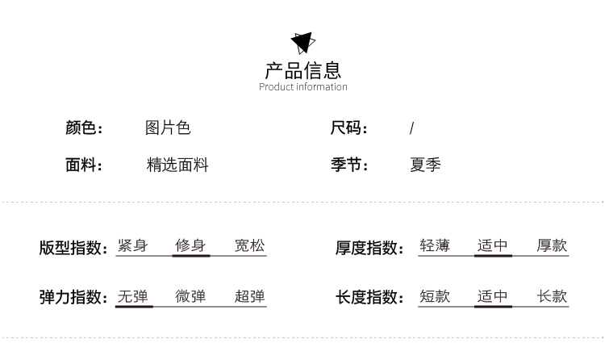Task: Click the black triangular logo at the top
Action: point(302,41)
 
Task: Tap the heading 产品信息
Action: point(302,69)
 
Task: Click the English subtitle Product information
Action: point(302,87)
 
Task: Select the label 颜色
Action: point(84,128)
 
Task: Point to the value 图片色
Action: point(168,128)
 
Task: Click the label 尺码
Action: point(348,128)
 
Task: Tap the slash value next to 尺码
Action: point(411,128)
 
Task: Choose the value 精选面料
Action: point(177,165)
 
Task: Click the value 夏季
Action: point(425,165)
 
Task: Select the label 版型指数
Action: point(73,248)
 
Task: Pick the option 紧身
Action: point(132,245)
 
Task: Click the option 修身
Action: point(190,245)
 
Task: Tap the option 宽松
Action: point(249,245)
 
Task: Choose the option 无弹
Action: point(132,296)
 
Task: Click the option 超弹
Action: point(249,296)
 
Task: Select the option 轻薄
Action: point(435,245)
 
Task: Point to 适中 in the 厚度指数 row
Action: point(493,245)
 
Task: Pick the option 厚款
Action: point(552,245)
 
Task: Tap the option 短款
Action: point(435,296)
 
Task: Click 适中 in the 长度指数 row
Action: point(493,296)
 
